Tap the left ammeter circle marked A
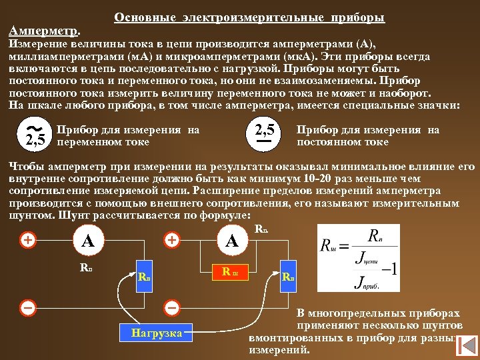(87, 241)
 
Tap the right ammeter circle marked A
(231, 241)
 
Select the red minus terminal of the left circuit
(28, 308)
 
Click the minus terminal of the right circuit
(172, 308)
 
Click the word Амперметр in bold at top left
(43, 31)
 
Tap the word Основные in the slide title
(141, 17)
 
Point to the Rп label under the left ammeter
(85, 269)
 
